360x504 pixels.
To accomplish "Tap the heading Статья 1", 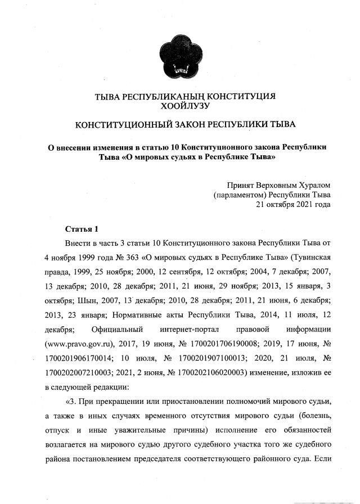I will pos(82,229).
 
